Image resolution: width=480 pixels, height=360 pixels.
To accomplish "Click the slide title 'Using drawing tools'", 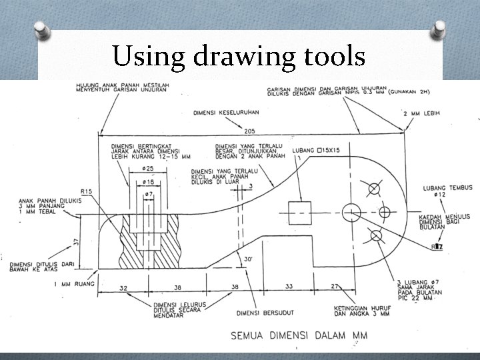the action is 239,56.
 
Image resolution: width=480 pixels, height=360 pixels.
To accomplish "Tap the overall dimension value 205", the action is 251,131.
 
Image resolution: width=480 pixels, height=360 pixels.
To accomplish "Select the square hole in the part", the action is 300,213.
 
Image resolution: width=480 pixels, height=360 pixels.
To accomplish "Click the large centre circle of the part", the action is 351,213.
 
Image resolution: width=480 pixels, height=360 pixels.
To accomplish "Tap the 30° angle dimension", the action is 248,259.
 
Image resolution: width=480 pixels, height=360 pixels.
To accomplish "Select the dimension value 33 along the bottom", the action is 289,287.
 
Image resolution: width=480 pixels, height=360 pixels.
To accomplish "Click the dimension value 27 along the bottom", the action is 335,287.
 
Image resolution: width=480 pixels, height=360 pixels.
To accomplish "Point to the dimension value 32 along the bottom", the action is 123,288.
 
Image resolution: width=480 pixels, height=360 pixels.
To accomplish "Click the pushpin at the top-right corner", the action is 439,27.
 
